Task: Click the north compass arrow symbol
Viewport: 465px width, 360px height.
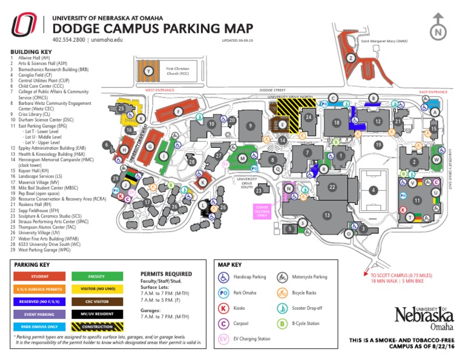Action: click(437, 32)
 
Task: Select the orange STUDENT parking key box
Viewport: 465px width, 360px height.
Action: click(39, 276)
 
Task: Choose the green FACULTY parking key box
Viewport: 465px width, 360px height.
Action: click(96, 276)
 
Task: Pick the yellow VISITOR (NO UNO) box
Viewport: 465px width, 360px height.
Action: click(96, 288)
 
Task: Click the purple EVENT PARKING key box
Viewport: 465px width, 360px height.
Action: click(39, 314)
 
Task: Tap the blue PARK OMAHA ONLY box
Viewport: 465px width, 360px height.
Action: click(39, 326)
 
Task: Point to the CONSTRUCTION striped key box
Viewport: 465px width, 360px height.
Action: click(96, 326)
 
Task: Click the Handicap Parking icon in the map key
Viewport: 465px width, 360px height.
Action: click(223, 277)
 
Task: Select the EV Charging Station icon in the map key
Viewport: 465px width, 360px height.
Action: click(223, 339)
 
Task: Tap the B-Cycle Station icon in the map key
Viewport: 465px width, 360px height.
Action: click(282, 324)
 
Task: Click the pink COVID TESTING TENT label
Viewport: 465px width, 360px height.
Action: click(262, 210)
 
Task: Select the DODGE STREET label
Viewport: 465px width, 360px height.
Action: click(272, 90)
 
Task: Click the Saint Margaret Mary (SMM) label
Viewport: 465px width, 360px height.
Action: click(384, 41)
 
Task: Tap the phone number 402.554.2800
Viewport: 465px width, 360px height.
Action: click(69, 40)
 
